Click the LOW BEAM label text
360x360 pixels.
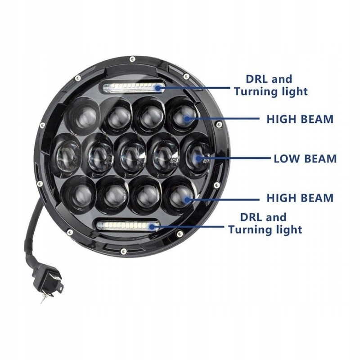[x=305, y=159]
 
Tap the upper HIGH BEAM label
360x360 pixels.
[x=300, y=119]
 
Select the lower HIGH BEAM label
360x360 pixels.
[x=300, y=198]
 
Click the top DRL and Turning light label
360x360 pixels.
[x=270, y=85]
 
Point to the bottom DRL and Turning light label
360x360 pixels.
[x=265, y=223]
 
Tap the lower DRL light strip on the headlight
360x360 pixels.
[x=127, y=226]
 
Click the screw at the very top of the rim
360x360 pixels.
[x=131, y=59]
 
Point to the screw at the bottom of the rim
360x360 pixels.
[x=123, y=251]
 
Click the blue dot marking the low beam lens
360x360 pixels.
[x=198, y=158]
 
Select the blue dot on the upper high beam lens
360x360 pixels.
[x=187, y=119]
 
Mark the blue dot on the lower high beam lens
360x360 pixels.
[x=187, y=199]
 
